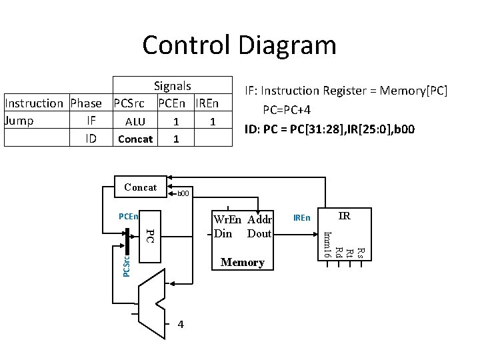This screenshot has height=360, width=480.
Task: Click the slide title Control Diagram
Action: [239, 45]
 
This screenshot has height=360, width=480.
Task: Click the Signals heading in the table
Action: [172, 86]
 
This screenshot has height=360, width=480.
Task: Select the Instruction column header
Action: [33, 103]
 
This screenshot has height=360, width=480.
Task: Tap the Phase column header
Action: [86, 103]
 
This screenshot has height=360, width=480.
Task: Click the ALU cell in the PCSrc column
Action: [135, 122]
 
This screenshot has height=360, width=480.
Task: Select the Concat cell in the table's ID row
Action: [135, 139]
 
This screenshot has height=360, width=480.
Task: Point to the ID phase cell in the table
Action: [91, 139]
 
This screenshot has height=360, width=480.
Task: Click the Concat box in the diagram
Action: [140, 187]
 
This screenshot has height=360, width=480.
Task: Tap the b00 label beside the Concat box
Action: [183, 194]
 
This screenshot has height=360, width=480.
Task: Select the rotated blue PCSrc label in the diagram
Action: [127, 264]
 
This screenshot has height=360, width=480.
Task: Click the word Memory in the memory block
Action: [243, 263]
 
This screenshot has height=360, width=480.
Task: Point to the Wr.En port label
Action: [229, 220]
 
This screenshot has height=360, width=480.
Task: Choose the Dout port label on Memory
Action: [259, 233]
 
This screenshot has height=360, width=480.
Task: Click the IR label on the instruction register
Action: [344, 216]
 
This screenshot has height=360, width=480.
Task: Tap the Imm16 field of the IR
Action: [327, 243]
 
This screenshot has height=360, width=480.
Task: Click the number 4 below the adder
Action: [181, 324]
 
